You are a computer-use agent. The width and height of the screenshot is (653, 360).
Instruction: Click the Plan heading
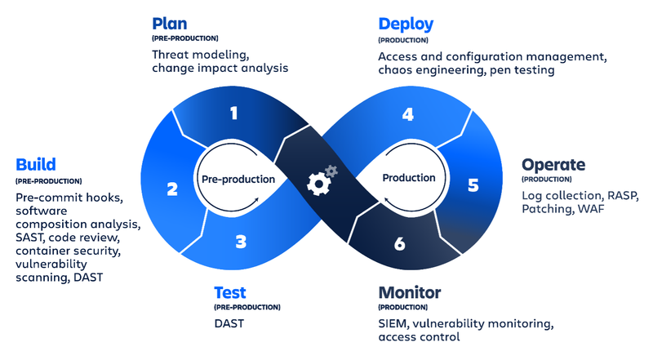(x=171, y=24)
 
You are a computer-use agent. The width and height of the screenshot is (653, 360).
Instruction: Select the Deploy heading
(x=406, y=24)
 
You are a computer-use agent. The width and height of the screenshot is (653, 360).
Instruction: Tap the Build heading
(x=35, y=165)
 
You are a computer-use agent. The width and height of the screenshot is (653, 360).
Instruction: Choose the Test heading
(x=229, y=292)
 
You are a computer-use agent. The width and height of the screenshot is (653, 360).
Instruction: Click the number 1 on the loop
(x=233, y=113)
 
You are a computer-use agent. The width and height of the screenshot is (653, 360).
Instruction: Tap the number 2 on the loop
(x=172, y=189)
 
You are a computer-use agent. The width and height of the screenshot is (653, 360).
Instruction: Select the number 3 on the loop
(x=240, y=242)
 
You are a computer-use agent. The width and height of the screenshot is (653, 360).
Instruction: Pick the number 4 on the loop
(x=407, y=114)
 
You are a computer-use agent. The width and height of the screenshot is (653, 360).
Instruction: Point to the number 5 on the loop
(x=473, y=185)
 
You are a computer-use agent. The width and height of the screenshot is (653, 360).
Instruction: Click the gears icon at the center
(x=321, y=179)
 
